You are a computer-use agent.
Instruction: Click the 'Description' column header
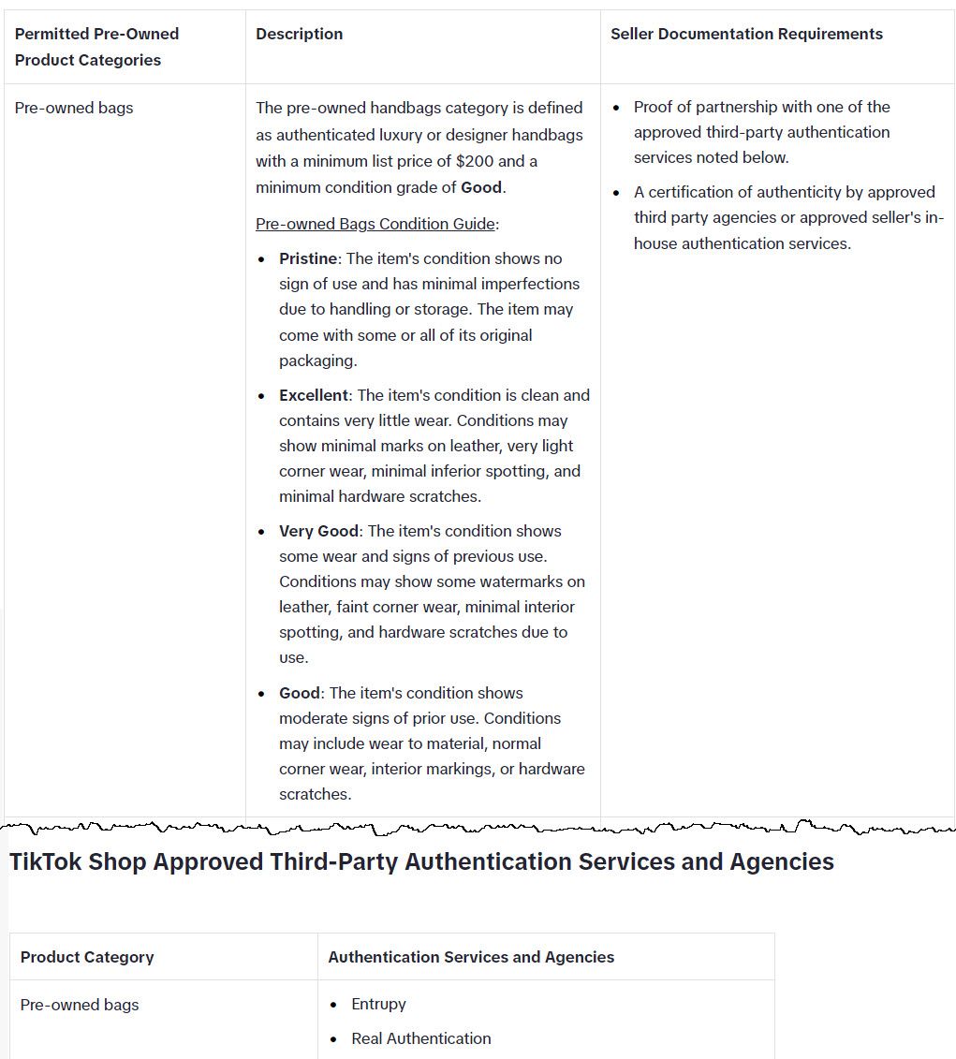(x=299, y=34)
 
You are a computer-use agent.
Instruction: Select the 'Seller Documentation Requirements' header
(x=746, y=34)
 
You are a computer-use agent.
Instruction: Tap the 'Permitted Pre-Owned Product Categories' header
(x=96, y=47)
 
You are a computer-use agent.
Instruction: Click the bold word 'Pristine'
(x=308, y=258)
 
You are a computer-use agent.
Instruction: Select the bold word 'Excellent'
(x=314, y=395)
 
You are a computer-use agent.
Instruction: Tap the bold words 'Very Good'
(x=318, y=531)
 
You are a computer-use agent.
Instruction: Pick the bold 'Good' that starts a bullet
(x=300, y=693)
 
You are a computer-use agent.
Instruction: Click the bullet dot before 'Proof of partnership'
(x=616, y=108)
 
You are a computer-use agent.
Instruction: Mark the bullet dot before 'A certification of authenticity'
(x=616, y=193)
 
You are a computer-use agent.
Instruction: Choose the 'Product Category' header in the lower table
(x=87, y=957)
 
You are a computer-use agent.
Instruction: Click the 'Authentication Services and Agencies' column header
(x=471, y=957)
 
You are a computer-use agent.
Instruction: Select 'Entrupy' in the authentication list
(x=378, y=1004)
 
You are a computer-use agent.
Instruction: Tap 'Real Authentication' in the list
(x=420, y=1038)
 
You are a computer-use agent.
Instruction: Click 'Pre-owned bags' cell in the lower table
(x=80, y=1005)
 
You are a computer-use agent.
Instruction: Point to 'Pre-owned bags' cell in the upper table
(x=74, y=108)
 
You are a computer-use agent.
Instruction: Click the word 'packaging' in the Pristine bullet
(x=317, y=360)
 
